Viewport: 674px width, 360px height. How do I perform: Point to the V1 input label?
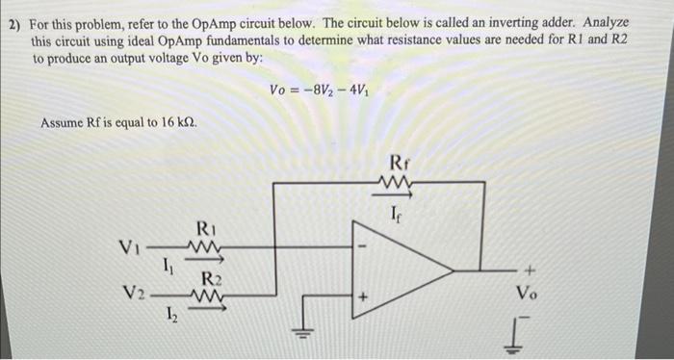pyautogui.click(x=130, y=248)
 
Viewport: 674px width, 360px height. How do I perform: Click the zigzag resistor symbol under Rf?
pyautogui.click(x=398, y=183)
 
